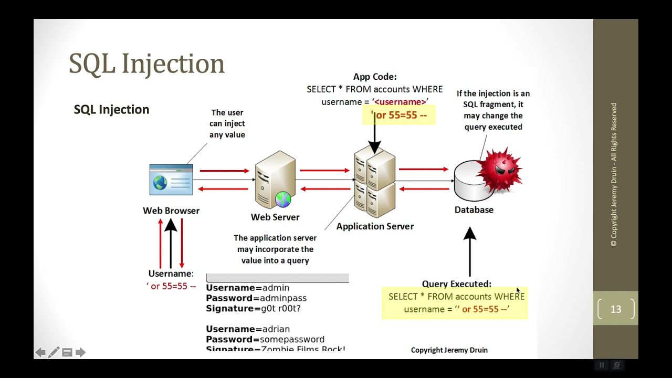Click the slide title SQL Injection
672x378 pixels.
tap(146, 64)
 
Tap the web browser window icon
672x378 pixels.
tap(171, 180)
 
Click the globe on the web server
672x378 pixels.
tap(283, 199)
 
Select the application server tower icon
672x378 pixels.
tap(374, 181)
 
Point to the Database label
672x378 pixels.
tap(474, 210)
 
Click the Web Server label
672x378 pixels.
tap(275, 217)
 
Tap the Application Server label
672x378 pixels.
tap(375, 226)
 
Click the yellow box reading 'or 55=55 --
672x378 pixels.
tap(399, 115)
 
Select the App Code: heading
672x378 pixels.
tap(374, 77)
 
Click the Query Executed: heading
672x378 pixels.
tap(457, 284)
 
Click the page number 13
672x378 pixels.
tap(616, 309)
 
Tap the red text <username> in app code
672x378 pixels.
tap(400, 102)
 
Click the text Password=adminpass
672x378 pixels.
tap(256, 298)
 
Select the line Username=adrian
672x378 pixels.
tap(248, 329)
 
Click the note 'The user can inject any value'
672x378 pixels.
tap(227, 124)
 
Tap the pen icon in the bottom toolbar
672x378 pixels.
tap(54, 352)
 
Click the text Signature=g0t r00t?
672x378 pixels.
tap(253, 309)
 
